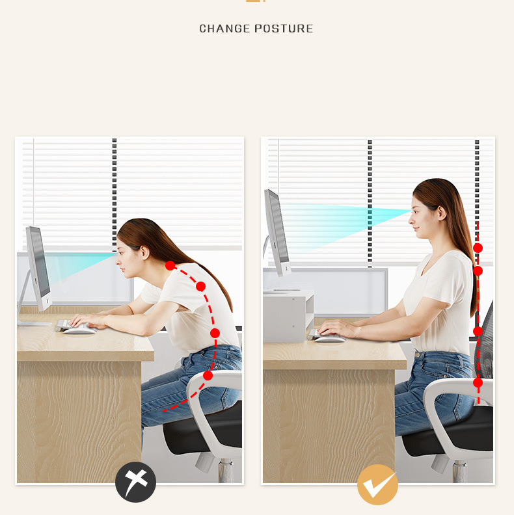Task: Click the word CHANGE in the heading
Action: tap(224, 29)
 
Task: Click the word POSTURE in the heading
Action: tap(284, 29)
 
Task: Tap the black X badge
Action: tap(136, 482)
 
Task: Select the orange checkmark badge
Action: tap(377, 484)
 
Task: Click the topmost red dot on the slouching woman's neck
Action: tap(170, 265)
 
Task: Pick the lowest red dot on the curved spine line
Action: tap(208, 375)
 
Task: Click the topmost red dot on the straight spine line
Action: tap(478, 248)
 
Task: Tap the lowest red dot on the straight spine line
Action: tap(478, 382)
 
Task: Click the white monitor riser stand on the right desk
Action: tap(288, 316)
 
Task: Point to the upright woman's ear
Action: tap(442, 213)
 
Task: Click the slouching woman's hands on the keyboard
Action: tap(87, 320)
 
